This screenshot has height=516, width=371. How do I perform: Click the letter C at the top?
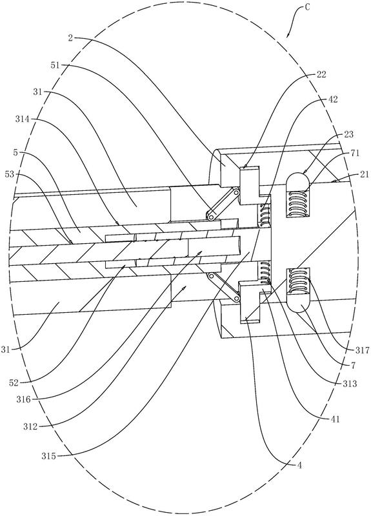[307, 7]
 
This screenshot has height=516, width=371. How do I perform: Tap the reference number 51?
[55, 65]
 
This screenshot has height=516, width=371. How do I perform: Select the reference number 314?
[23, 119]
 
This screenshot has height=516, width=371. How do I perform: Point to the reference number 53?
[10, 174]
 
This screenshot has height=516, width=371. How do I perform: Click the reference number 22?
[321, 75]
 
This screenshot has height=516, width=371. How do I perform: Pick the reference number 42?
[333, 99]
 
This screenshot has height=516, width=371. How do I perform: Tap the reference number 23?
[348, 134]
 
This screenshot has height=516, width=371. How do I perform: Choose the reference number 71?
[356, 153]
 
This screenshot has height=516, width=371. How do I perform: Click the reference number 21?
[365, 174]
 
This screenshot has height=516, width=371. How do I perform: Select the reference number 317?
[363, 350]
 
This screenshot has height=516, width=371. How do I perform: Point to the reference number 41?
[335, 419]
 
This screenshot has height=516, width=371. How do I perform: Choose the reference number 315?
[48, 456]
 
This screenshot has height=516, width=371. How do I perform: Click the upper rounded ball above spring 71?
[297, 179]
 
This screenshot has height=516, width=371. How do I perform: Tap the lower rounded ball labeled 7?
[297, 303]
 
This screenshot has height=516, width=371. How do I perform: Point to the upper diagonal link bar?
[223, 204]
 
